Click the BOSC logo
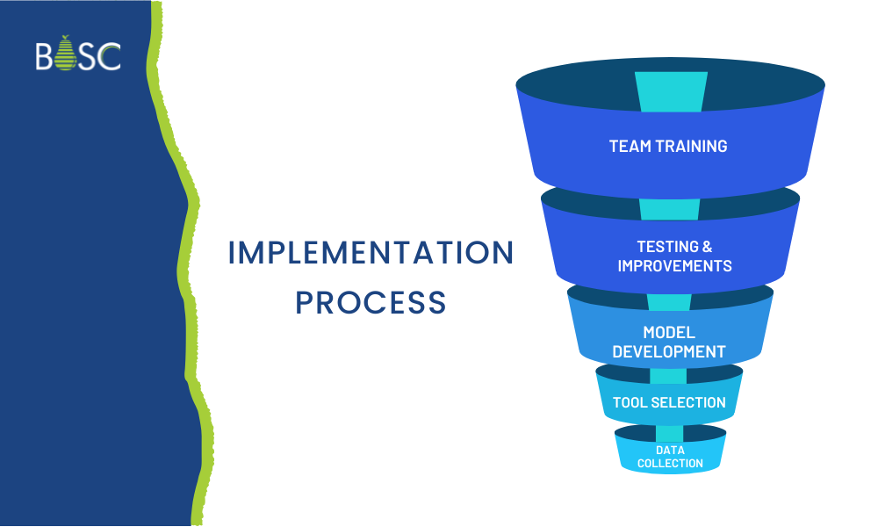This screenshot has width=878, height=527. coord(78,54)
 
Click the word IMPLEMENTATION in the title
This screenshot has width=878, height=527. coord(371,253)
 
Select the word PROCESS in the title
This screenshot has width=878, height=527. coord(371,302)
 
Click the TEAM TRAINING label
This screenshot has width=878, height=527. coord(668,147)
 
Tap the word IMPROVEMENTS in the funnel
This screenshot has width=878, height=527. coord(674,265)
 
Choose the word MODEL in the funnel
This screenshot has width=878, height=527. coord(669,333)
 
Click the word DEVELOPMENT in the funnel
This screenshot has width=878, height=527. coord(669,351)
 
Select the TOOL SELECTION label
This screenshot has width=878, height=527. coord(669,402)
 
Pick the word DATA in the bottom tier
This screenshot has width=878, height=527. coord(670,451)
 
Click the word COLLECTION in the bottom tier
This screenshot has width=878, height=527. coord(670,463)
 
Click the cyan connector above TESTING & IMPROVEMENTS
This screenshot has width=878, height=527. coord(670,208)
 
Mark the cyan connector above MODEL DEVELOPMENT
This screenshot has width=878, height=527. coord(669,301)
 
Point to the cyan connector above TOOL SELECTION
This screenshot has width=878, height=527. coord(668,376)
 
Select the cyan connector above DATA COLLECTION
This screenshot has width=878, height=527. coord(669,433)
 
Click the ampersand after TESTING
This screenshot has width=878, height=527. coord(708,247)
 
